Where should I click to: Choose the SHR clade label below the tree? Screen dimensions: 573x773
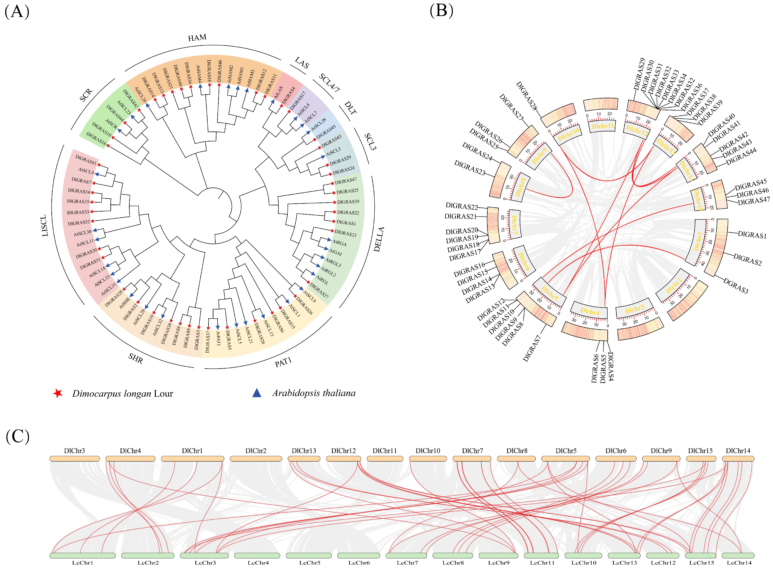pyautogui.click(x=136, y=358)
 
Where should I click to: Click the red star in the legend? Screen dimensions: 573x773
pyautogui.click(x=58, y=393)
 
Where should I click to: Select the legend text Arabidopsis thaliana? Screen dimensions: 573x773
pyautogui.click(x=314, y=393)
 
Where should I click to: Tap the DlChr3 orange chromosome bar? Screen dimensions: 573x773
pyautogui.click(x=75, y=459)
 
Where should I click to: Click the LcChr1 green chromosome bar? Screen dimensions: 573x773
pyautogui.click(x=82, y=555)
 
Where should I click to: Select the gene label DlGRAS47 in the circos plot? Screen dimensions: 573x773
pyautogui.click(x=754, y=201)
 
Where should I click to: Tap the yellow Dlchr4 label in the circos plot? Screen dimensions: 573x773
pyautogui.click(x=590, y=311)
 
